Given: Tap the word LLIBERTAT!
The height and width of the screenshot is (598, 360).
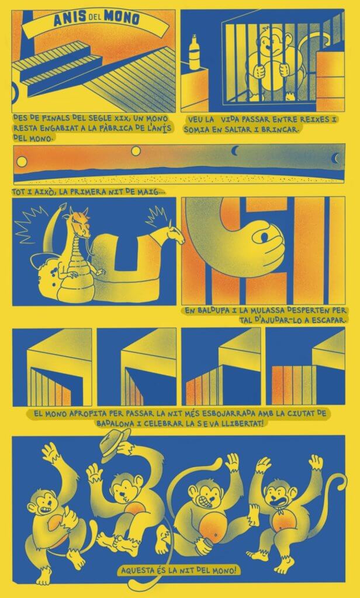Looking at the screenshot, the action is click(243, 423).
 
